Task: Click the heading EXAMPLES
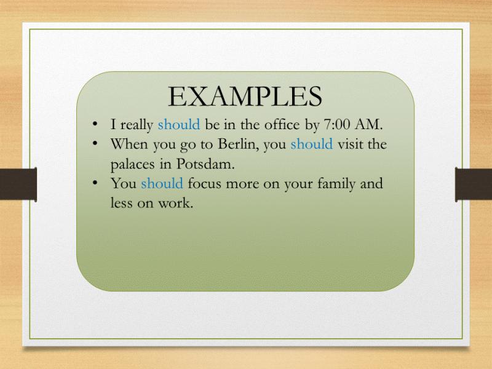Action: [245, 97]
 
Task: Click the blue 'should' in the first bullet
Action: [179, 124]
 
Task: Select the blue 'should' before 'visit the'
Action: [312, 144]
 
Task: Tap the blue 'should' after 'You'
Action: [162, 183]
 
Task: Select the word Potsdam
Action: [205, 164]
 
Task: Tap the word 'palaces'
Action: [132, 164]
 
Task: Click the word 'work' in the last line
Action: [175, 203]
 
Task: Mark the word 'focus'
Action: [205, 183]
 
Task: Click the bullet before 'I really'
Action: [95, 124]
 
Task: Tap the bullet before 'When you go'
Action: [95, 143]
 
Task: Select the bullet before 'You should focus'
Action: [95, 182]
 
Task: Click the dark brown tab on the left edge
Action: [18, 184]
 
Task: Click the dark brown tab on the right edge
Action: [474, 184]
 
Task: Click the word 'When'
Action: [130, 144]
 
